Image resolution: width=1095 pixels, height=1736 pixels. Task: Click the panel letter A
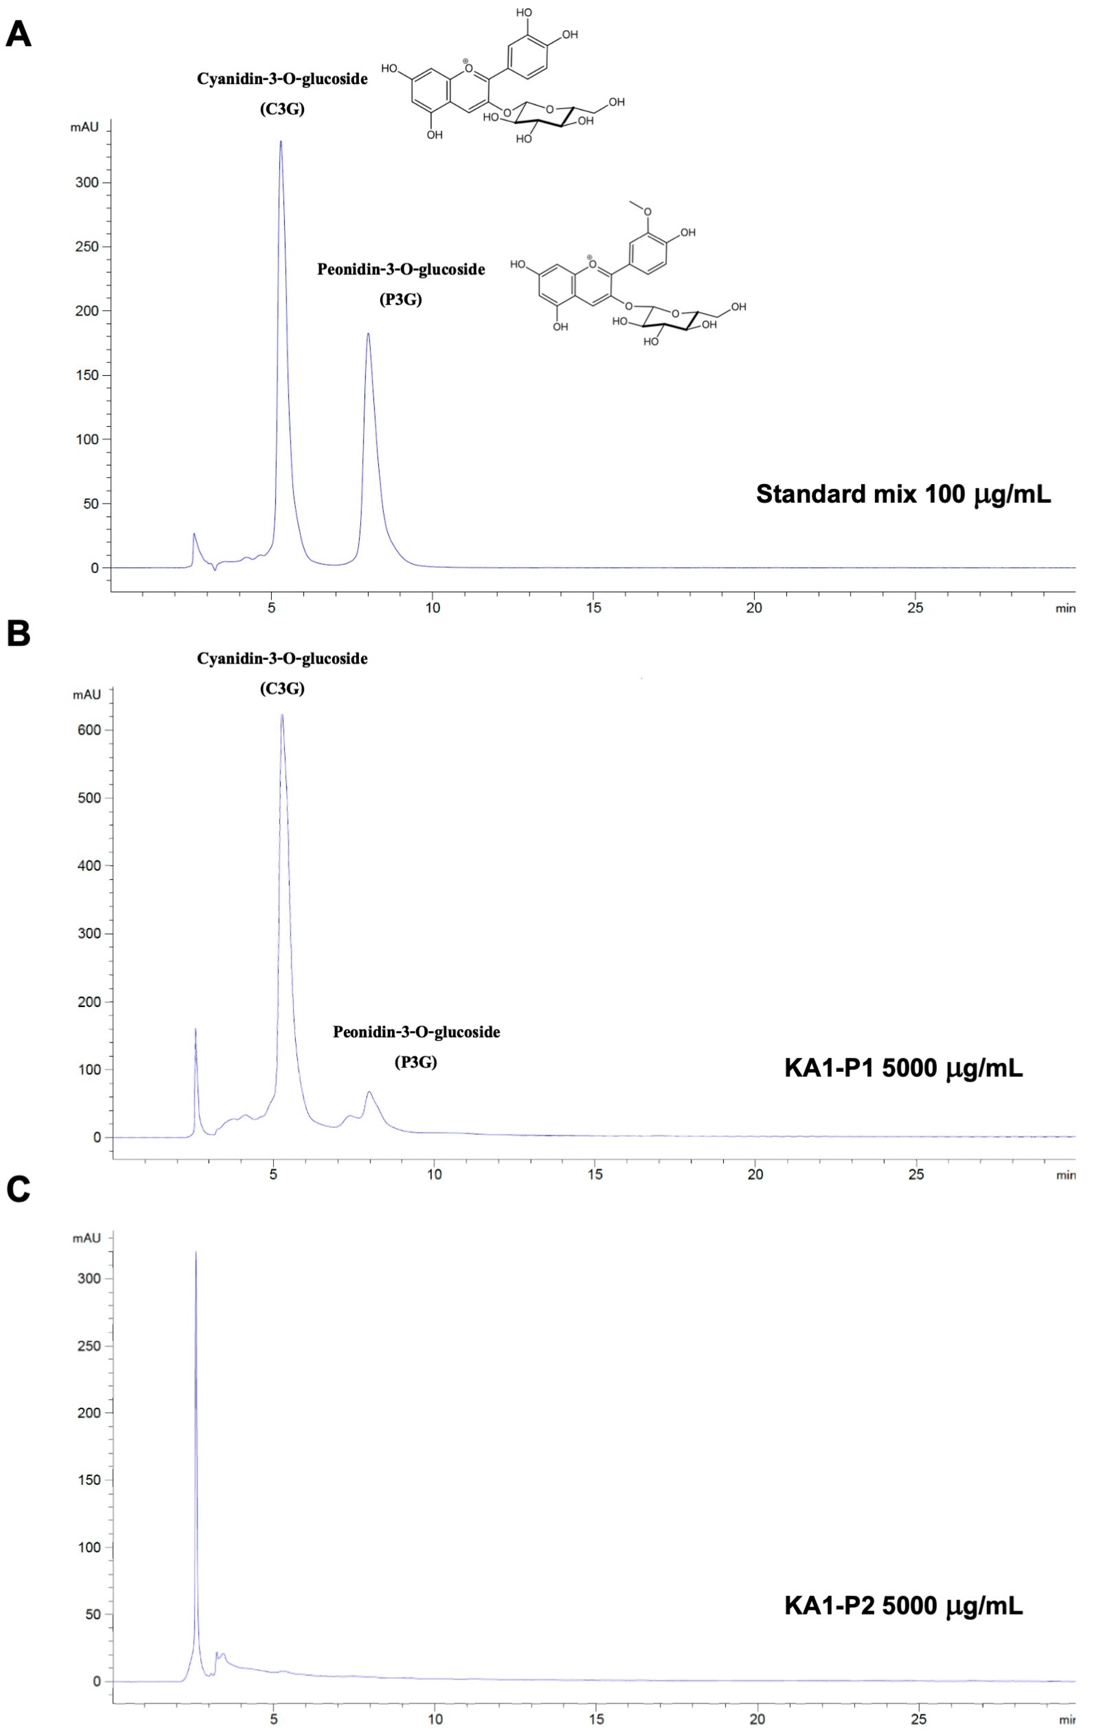(x=19, y=35)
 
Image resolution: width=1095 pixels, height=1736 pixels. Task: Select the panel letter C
(x=19, y=1190)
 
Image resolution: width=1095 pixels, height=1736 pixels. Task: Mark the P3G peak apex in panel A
(x=368, y=334)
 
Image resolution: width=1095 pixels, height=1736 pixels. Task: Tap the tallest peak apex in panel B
(x=282, y=715)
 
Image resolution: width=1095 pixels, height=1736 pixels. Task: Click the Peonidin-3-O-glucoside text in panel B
(x=416, y=1033)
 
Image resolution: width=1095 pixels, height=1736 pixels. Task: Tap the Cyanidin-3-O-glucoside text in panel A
(x=282, y=79)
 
